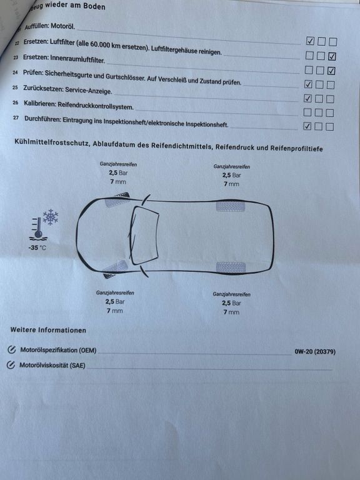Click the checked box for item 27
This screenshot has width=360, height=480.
pyautogui.click(x=307, y=126)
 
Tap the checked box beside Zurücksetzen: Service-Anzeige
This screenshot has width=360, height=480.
pyautogui.click(x=307, y=99)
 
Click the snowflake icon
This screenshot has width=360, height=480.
pyautogui.click(x=51, y=217)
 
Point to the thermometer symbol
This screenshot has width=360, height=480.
pyautogui.click(x=38, y=228)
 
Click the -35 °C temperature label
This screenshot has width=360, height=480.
pyautogui.click(x=37, y=247)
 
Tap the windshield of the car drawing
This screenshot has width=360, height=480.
pyautogui.click(x=144, y=235)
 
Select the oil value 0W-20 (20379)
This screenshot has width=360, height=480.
pyautogui.click(x=315, y=352)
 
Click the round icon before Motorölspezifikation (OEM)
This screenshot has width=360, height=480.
pyautogui.click(x=12, y=349)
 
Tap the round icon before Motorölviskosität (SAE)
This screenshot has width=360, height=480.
pyautogui.click(x=11, y=364)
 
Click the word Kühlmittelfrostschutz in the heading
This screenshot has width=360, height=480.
pyautogui.click(x=52, y=142)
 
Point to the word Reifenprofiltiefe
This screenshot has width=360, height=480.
pyautogui.click(x=296, y=148)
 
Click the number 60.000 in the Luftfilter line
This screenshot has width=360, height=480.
pyautogui.click(x=100, y=44)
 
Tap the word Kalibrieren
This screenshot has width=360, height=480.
pyautogui.click(x=40, y=104)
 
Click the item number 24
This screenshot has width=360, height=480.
pyautogui.click(x=15, y=72)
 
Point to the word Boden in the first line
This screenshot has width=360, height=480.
pyautogui.click(x=94, y=6)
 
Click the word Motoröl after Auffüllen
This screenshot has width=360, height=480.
pyautogui.click(x=62, y=26)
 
